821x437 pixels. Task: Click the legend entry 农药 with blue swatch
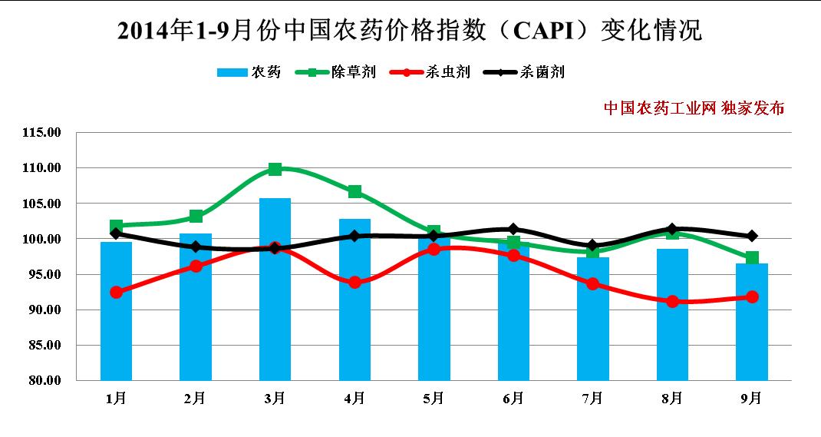click(249, 72)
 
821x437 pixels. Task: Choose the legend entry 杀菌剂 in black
click(525, 72)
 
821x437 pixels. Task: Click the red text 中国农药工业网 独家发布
click(694, 108)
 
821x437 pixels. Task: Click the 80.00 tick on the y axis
click(43, 380)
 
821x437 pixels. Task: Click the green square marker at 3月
click(275, 169)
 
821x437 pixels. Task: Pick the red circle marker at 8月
click(672, 301)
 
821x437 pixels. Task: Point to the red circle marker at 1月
click(116, 292)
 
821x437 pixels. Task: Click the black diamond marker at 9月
click(751, 236)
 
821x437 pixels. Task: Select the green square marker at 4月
click(354, 191)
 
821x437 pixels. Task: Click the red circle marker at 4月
click(354, 282)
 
